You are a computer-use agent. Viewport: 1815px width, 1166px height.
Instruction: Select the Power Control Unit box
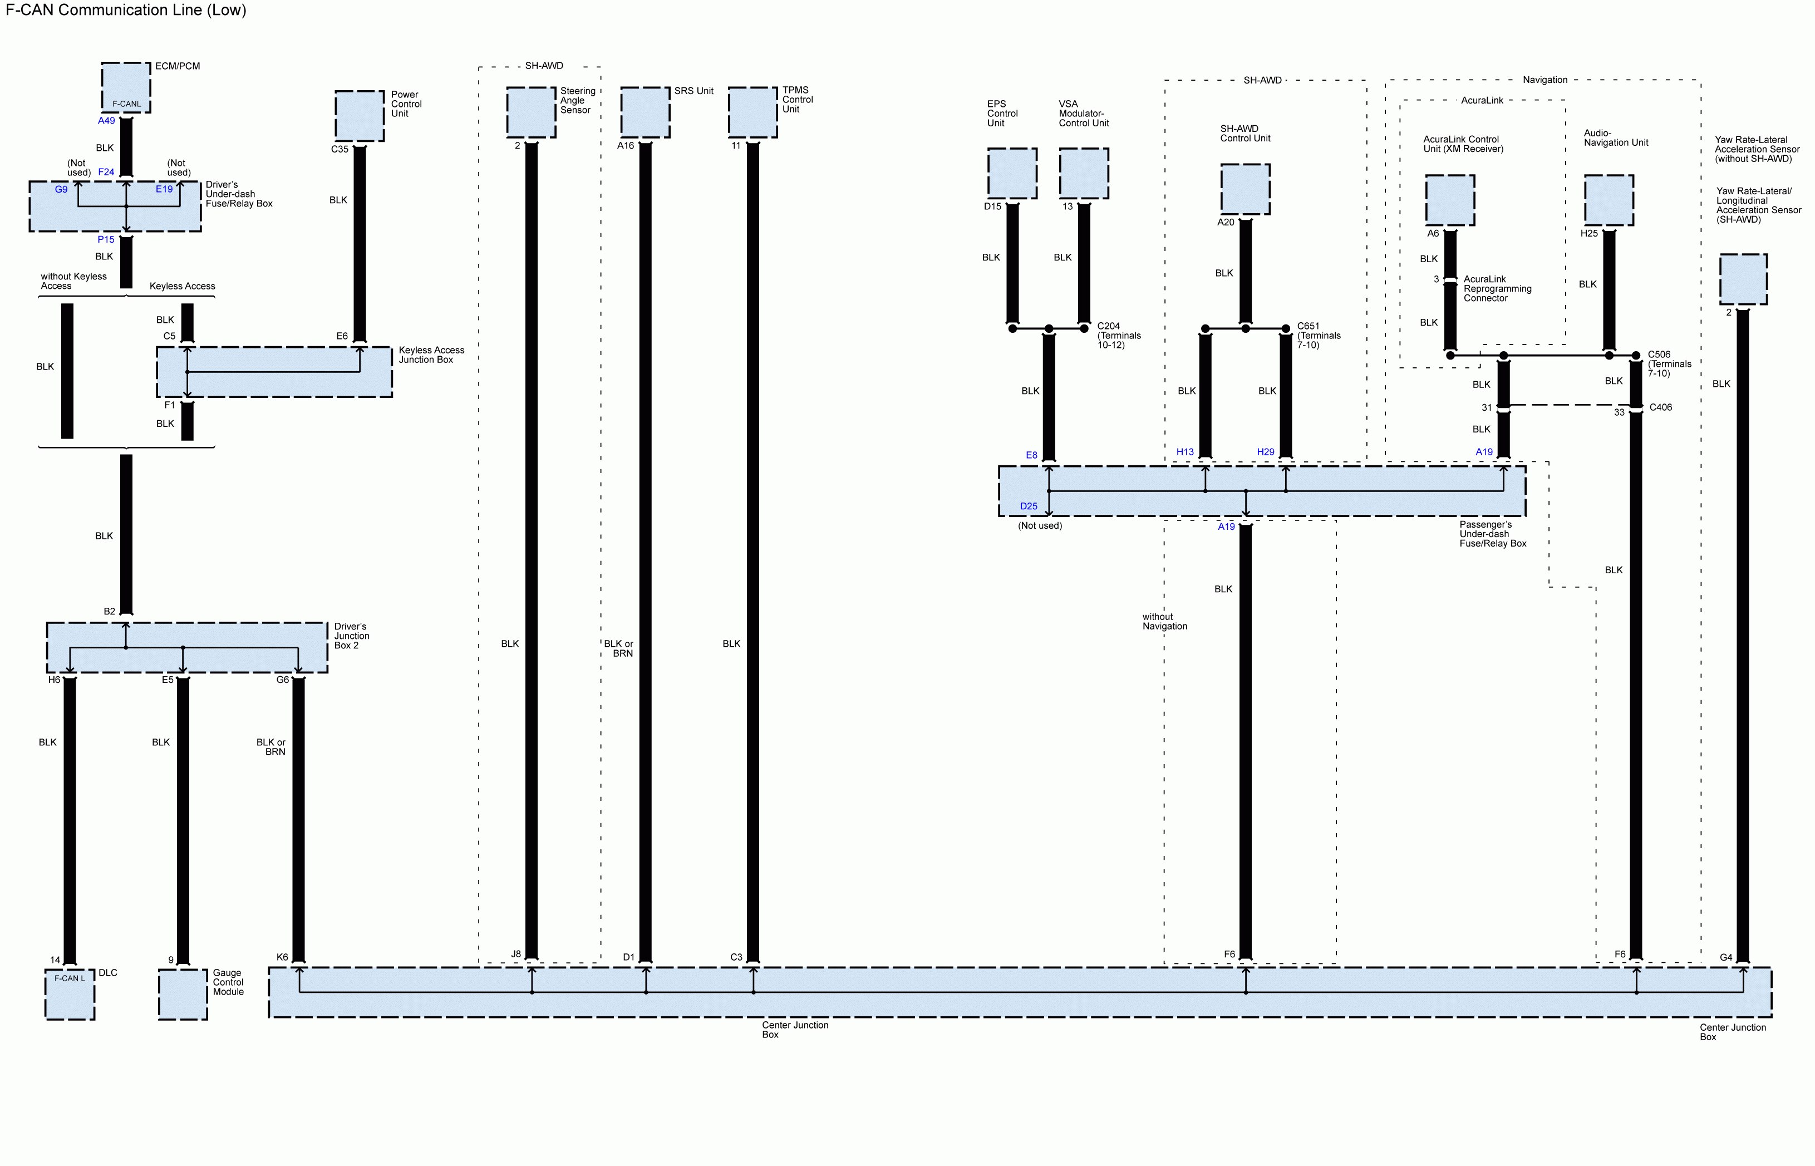point(359,116)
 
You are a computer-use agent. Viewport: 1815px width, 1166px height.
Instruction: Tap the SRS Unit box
point(645,112)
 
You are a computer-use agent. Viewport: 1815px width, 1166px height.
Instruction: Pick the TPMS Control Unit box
point(752,112)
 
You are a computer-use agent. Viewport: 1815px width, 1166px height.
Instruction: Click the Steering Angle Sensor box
point(531,112)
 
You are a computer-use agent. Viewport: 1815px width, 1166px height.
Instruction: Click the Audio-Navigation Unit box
point(1609,200)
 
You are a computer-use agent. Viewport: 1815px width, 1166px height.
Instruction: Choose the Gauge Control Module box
point(183,994)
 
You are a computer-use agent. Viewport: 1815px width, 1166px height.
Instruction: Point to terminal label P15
point(106,239)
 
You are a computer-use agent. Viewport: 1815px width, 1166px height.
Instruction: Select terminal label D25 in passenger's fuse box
point(1028,506)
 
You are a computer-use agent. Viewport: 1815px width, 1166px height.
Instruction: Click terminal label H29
point(1265,452)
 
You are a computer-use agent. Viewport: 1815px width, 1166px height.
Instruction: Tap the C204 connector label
point(1108,326)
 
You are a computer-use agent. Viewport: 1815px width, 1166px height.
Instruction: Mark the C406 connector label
point(1660,407)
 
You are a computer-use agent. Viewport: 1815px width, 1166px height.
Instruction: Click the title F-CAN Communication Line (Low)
point(126,10)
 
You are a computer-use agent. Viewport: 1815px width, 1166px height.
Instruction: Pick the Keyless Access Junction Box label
point(431,355)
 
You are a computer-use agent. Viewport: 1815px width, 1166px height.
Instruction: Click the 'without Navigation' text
point(1164,622)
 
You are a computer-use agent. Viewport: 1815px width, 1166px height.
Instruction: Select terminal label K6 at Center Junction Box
point(282,957)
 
